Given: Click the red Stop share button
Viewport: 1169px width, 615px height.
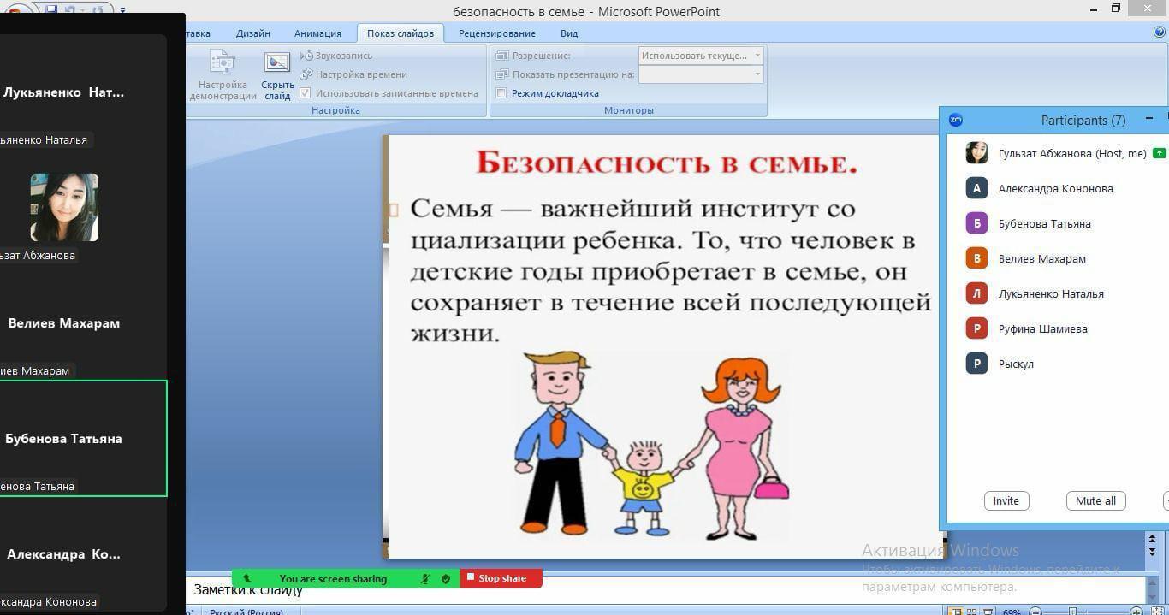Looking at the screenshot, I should pyautogui.click(x=501, y=578).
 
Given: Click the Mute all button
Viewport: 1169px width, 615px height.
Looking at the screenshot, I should pyautogui.click(x=1095, y=500).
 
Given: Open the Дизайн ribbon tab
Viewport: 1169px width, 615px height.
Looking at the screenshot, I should pyautogui.click(x=252, y=33).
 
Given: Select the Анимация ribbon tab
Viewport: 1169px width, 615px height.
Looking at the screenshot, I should pyautogui.click(x=317, y=33).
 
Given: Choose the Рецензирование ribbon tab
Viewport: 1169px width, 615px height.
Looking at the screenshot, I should pyautogui.click(x=496, y=33).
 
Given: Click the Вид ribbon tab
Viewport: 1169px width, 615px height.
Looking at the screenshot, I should pyautogui.click(x=569, y=33).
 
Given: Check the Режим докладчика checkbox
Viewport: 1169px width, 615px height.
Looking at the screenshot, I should pyautogui.click(x=502, y=93).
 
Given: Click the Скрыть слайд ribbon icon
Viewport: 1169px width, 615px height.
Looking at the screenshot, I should pyautogui.click(x=277, y=75).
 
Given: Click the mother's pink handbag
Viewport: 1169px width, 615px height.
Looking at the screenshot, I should pyautogui.click(x=772, y=488).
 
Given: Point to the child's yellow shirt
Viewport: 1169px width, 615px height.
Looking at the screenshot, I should pyautogui.click(x=644, y=485).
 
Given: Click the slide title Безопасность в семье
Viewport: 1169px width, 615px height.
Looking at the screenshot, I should pyautogui.click(x=667, y=163).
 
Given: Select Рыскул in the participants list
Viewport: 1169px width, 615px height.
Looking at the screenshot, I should pyautogui.click(x=1016, y=364).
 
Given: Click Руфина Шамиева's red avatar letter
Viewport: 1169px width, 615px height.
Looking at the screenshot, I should pyautogui.click(x=976, y=328).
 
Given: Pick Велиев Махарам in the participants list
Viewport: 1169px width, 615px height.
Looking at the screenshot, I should pyautogui.click(x=1041, y=258).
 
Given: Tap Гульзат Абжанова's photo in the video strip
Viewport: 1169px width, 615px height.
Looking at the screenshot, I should pyautogui.click(x=64, y=207).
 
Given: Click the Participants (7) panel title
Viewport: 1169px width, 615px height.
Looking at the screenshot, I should pyautogui.click(x=1083, y=121).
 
